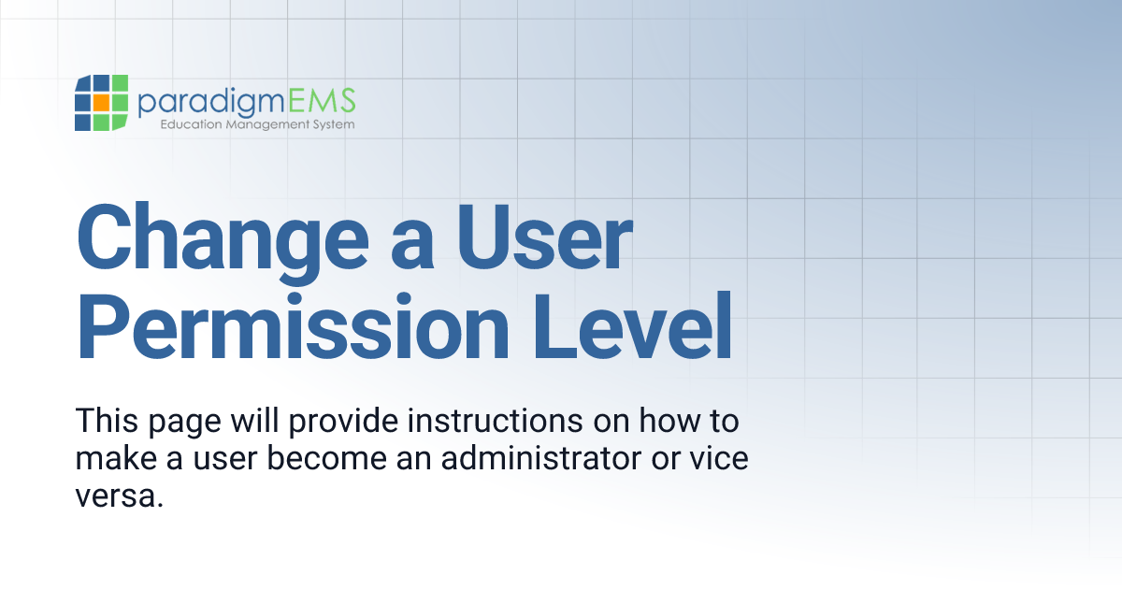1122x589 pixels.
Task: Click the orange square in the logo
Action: pos(100,101)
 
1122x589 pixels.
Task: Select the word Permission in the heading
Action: pos(284,328)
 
